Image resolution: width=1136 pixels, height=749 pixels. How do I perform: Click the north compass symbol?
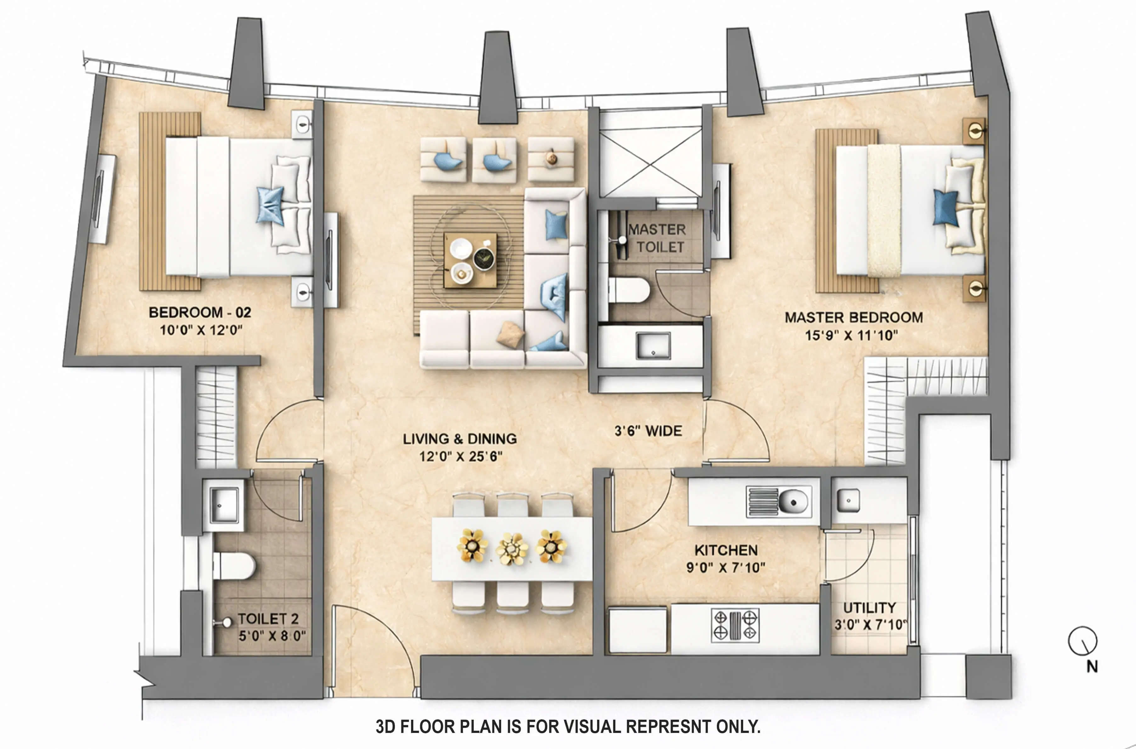pos(1082,641)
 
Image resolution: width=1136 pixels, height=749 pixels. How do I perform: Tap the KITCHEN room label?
pos(726,550)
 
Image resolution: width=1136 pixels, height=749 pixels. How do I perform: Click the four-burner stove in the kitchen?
pos(735,625)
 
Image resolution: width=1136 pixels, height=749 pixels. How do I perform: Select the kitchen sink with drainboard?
pos(778,502)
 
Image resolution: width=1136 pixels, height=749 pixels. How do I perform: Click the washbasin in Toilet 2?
pos(224,504)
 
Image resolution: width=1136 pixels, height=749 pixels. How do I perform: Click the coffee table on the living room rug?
pos(470,260)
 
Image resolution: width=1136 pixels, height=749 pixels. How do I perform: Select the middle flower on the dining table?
pos(512,548)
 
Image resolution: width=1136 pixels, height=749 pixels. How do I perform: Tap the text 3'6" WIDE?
pos(648,431)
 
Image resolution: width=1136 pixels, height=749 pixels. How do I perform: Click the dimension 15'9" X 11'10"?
pos(851,335)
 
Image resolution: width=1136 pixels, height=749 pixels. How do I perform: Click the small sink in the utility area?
pos(848,500)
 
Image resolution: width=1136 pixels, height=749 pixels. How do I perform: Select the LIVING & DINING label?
pos(459,439)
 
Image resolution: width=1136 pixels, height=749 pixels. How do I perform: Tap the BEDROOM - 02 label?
pos(200,312)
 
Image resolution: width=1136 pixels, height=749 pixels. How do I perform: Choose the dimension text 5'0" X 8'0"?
pos(272,636)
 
